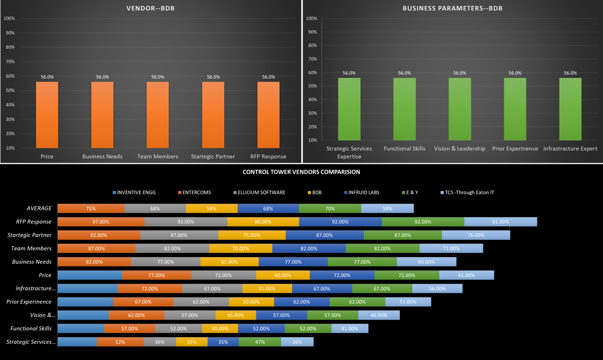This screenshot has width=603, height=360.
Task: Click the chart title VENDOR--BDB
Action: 150,8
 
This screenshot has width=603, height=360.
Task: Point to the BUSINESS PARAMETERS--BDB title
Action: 452,8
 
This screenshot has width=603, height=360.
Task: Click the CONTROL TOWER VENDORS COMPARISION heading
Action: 301,172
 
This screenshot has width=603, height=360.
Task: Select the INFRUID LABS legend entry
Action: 362,193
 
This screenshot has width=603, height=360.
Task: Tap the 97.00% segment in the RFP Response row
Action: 101,222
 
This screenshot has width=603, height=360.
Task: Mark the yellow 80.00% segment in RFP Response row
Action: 263,222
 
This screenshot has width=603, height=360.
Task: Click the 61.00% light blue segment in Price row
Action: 466,275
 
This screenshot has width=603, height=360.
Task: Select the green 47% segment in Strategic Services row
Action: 260,342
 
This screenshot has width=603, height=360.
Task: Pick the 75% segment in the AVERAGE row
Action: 91,209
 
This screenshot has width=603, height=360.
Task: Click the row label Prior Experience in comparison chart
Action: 29,302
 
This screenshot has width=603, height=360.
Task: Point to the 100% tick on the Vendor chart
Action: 9,19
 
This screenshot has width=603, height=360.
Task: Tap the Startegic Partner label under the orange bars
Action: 213,156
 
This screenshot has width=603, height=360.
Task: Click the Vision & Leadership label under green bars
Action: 459,149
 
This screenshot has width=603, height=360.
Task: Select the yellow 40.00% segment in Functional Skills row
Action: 220,328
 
